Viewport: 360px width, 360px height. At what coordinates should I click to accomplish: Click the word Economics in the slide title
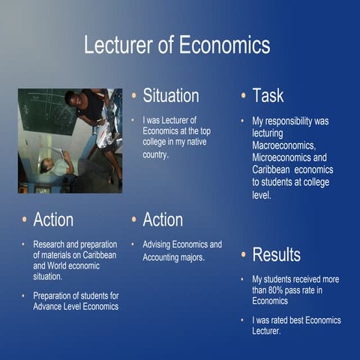[224, 45]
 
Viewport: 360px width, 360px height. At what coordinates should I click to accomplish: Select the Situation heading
[170, 95]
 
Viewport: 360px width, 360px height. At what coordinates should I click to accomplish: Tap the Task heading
[268, 95]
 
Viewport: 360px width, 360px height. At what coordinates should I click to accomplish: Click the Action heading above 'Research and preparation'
[53, 220]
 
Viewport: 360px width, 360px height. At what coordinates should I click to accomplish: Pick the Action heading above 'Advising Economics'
[163, 220]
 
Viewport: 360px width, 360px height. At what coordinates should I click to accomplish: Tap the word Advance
[49, 306]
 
